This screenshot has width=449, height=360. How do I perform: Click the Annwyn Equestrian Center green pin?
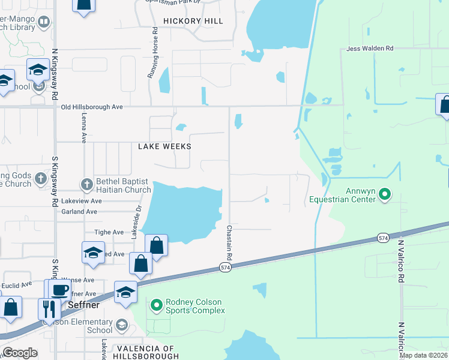click(386, 194)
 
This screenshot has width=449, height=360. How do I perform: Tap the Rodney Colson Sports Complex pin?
click(157, 305)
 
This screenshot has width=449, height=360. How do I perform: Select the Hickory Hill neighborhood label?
click(197, 21)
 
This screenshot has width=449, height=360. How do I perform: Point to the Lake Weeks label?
click(164, 146)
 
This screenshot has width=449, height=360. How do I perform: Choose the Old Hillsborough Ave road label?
click(92, 107)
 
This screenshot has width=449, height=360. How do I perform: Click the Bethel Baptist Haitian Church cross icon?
click(86, 184)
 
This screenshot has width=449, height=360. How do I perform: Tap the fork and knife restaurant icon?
click(49, 308)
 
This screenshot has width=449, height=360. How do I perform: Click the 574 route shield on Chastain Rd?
click(225, 267)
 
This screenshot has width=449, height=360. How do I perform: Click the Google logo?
click(20, 353)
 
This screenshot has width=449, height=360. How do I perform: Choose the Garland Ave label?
click(79, 212)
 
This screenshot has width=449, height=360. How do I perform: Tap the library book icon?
click(44, 22)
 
